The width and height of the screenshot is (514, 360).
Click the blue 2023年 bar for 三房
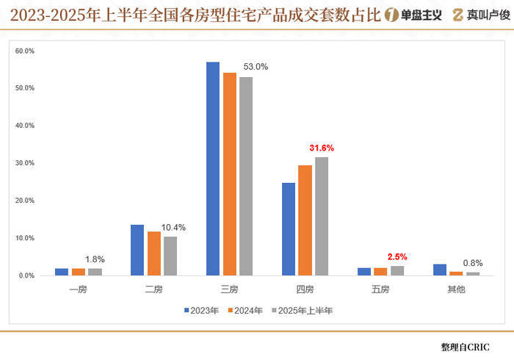click(213, 169)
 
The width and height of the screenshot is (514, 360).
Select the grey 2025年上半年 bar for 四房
click(322, 217)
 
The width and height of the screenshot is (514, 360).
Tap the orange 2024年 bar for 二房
click(153, 253)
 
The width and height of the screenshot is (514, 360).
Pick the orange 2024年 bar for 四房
click(305, 220)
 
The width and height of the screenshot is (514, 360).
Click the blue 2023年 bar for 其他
click(440, 270)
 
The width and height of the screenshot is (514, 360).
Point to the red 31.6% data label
click(322, 148)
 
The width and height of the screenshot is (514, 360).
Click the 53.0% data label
click(256, 67)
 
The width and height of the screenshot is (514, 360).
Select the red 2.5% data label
click(397, 257)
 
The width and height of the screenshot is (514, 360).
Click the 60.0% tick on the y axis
click(24, 51)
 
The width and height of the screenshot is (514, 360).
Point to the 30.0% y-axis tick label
click(24, 163)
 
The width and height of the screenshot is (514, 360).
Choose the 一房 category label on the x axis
click(79, 289)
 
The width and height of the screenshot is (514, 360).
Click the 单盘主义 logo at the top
click(413, 14)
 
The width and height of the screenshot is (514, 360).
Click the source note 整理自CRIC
click(466, 346)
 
